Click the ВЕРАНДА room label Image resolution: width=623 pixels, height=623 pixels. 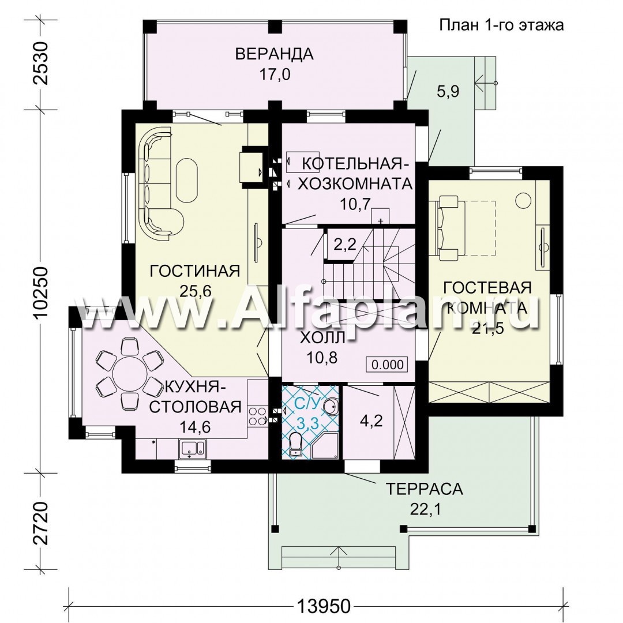coord(274,54)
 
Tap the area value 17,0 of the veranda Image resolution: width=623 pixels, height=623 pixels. coord(275,74)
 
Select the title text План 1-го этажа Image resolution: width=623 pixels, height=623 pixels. coord(501,25)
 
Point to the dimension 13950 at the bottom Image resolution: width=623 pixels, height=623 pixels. coord(324,606)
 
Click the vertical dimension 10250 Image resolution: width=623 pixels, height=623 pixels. coord(42,291)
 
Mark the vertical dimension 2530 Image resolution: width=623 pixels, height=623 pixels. coord(42,63)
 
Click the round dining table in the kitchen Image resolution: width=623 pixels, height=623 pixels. coord(130,373)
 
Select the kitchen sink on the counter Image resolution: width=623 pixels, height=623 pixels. coord(192,448)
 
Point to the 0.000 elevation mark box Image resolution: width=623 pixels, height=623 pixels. coord(387,364)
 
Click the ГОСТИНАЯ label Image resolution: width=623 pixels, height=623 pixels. coord(195,271)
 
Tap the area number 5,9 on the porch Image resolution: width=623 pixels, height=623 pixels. coord(448,91)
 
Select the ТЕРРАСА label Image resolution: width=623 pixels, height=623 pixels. coord(425,489)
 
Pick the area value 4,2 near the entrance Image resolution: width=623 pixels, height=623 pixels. coord(371,421)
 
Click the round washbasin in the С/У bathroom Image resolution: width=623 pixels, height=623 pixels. coord(330,407)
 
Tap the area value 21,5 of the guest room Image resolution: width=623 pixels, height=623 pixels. coord(487,328)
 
